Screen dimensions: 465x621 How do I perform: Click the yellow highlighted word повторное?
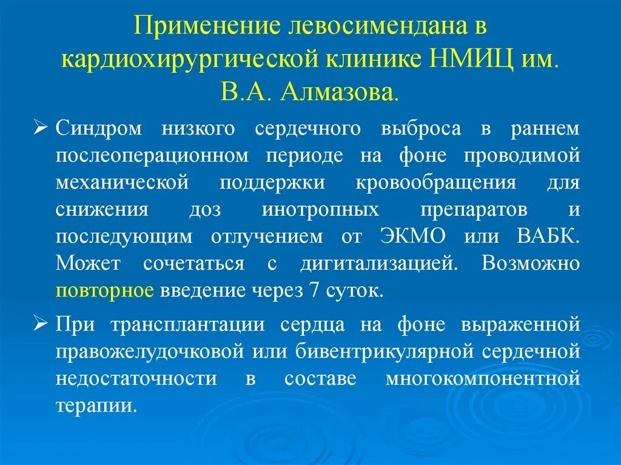tap(104, 290)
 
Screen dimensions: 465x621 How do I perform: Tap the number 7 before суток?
tap(314, 290)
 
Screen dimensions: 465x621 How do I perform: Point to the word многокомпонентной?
tap(483, 378)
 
